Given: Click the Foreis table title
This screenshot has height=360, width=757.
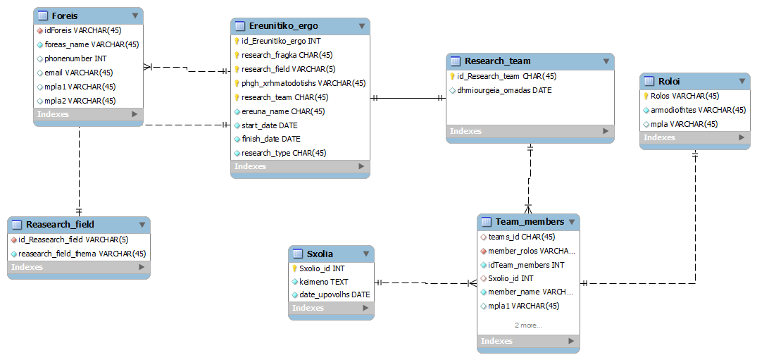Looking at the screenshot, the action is coord(65,16).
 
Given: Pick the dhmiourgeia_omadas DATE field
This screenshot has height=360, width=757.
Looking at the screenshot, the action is coord(504,90).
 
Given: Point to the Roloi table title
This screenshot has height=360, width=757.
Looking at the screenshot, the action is coord(669,81).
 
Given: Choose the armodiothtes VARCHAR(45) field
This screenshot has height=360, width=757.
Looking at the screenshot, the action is coord(698,110).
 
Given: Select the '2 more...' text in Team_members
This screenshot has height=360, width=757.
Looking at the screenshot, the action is coord(528,325).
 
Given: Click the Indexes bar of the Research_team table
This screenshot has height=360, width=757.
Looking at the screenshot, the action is coord(530,131).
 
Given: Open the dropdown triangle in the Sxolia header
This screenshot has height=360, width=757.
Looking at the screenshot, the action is coord(366,254).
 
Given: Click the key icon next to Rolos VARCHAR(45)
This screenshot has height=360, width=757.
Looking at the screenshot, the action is coord(646,96).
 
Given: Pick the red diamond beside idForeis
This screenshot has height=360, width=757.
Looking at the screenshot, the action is coord(40,30).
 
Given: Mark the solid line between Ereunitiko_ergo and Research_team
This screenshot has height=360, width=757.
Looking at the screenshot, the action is coord(408,98).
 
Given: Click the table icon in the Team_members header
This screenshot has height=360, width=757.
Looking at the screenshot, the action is coord(487,222).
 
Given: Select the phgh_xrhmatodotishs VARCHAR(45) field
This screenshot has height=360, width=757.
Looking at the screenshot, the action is coord(304,83).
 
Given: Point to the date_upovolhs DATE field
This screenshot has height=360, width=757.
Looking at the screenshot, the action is coord(334,294).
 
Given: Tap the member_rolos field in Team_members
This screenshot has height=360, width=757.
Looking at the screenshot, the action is coord(532,251).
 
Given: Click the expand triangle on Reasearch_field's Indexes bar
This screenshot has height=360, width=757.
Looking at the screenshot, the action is coord(142,267).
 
